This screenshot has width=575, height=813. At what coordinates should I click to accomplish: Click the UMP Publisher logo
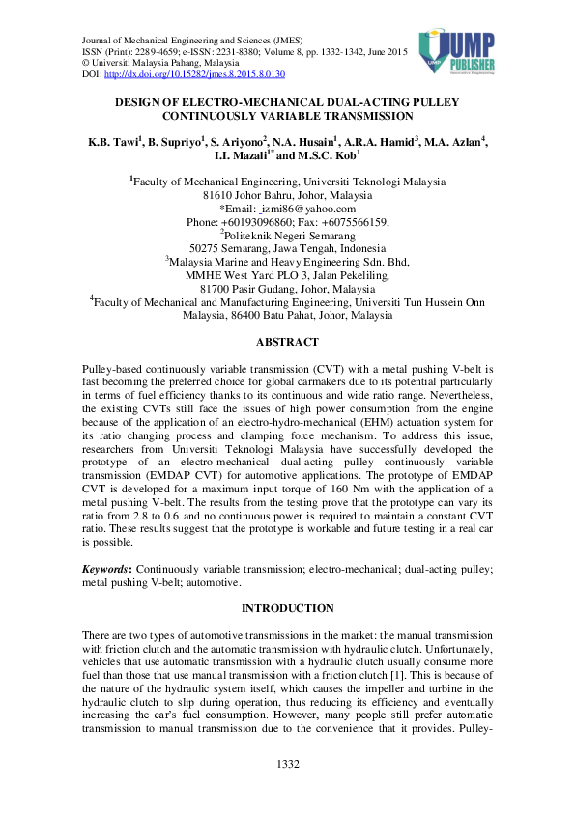click(458, 53)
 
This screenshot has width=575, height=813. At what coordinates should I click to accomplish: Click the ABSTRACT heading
click(287, 342)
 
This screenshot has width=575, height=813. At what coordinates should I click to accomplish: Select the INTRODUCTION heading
click(287, 608)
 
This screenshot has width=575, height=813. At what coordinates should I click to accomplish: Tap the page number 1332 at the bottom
click(287, 765)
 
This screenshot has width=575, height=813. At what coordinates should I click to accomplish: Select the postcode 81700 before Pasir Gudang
click(215, 289)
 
